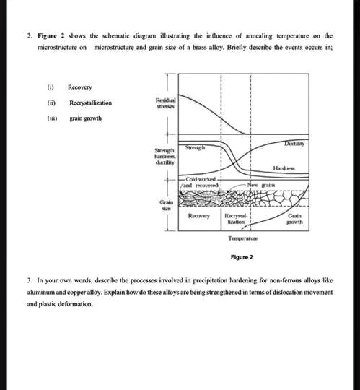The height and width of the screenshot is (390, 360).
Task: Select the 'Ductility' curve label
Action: [295, 145]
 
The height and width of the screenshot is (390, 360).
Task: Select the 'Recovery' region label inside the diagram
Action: [198, 215]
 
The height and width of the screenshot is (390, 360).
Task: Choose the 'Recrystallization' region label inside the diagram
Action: [237, 219]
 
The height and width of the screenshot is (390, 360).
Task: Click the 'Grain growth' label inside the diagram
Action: [295, 219]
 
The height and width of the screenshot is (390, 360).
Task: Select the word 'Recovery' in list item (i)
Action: [79, 87]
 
